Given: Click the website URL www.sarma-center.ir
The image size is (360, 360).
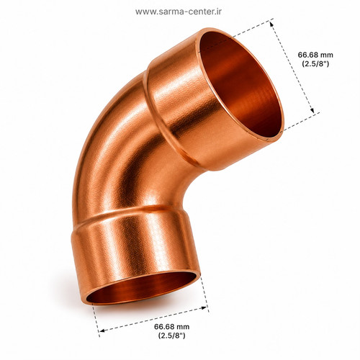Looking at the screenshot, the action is (x=179, y=12).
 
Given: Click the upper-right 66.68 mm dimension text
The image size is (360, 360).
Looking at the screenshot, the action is (x=315, y=55).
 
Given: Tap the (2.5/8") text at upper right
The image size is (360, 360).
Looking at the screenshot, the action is (x=315, y=64).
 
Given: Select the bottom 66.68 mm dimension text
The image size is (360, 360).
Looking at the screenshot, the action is (x=171, y=326).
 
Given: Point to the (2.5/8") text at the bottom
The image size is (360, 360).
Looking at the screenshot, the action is (x=171, y=336).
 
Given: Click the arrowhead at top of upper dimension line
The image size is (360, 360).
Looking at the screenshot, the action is (x=271, y=24).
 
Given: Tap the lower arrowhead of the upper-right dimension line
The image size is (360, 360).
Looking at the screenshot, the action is (x=312, y=110).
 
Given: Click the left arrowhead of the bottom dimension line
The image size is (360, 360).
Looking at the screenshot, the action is (x=102, y=330).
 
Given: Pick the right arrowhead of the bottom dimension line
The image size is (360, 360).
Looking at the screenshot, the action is (x=204, y=307).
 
